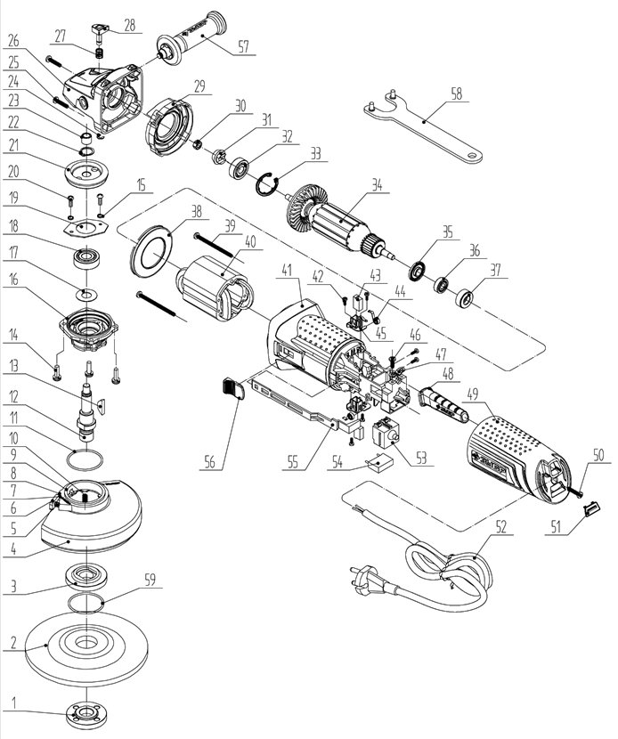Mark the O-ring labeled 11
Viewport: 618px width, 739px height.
pos(85,461)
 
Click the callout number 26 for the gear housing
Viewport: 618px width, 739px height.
pos(12,40)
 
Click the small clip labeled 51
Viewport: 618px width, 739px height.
pos(589,508)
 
